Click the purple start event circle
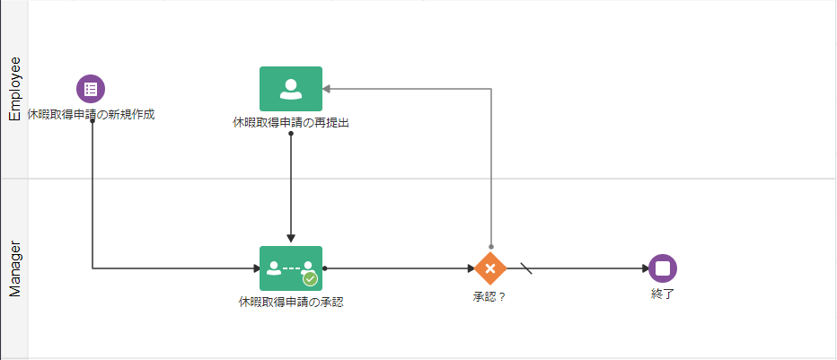pos(91,89)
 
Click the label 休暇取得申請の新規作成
pos(91,115)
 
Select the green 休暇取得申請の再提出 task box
pos(290,89)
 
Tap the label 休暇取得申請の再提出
pos(290,123)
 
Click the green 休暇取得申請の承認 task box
pos(290,268)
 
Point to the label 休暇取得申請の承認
pos(290,303)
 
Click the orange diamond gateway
pos(490,268)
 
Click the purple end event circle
pos(663,268)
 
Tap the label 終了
pos(663,293)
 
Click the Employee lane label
pos(14,88)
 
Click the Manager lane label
pos(14,268)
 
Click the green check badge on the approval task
pos(310,278)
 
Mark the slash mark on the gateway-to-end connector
pos(526,268)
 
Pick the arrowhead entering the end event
pos(645,268)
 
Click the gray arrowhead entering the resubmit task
pos(328,89)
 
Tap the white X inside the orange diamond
pos(490,268)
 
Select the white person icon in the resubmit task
pos(290,88)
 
